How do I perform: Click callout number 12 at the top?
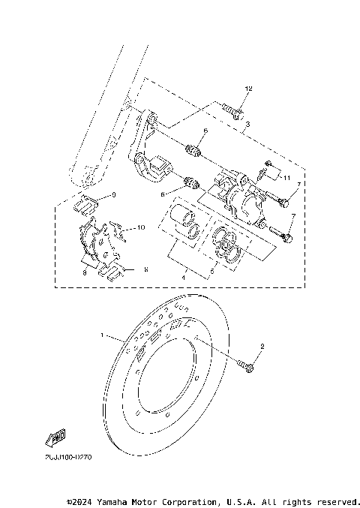click(249, 89)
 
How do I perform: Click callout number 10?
click(141, 227)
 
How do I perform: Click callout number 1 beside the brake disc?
click(103, 337)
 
